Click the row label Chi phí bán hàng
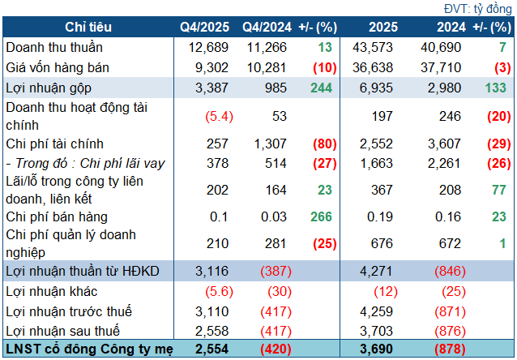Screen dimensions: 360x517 [57, 216]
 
